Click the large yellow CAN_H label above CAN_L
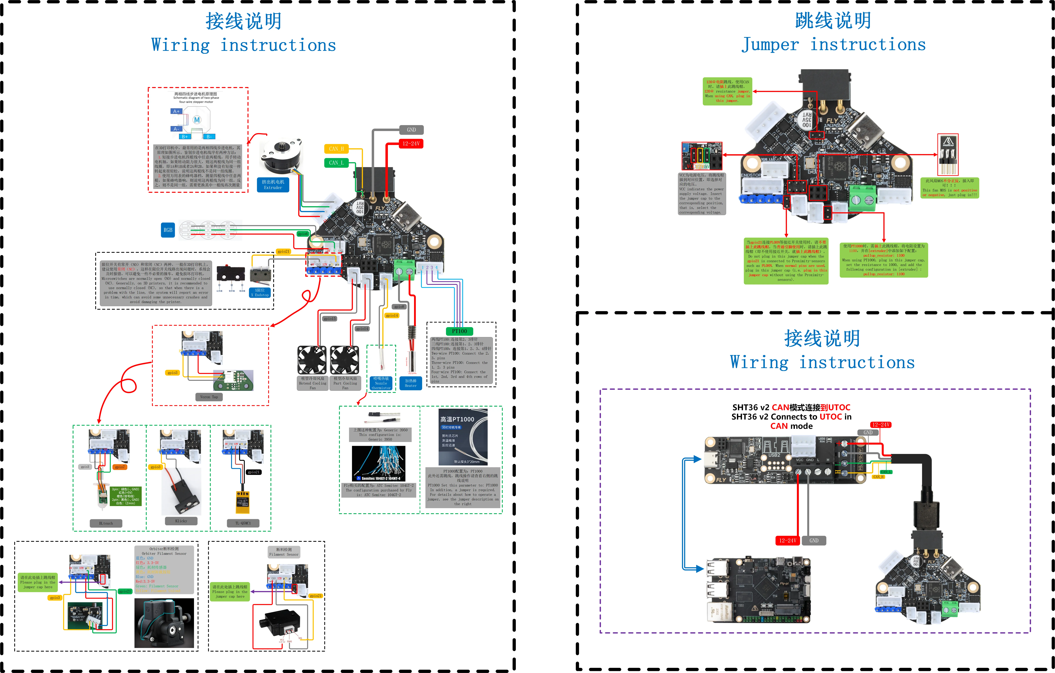point(336,149)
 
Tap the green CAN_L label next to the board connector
point(336,163)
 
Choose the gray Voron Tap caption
point(209,397)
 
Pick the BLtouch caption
point(106,523)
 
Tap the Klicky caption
point(181,521)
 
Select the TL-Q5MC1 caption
point(243,523)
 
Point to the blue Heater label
point(411,383)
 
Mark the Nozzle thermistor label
point(381,383)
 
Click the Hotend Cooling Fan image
point(312,360)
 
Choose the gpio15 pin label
point(329,319)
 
